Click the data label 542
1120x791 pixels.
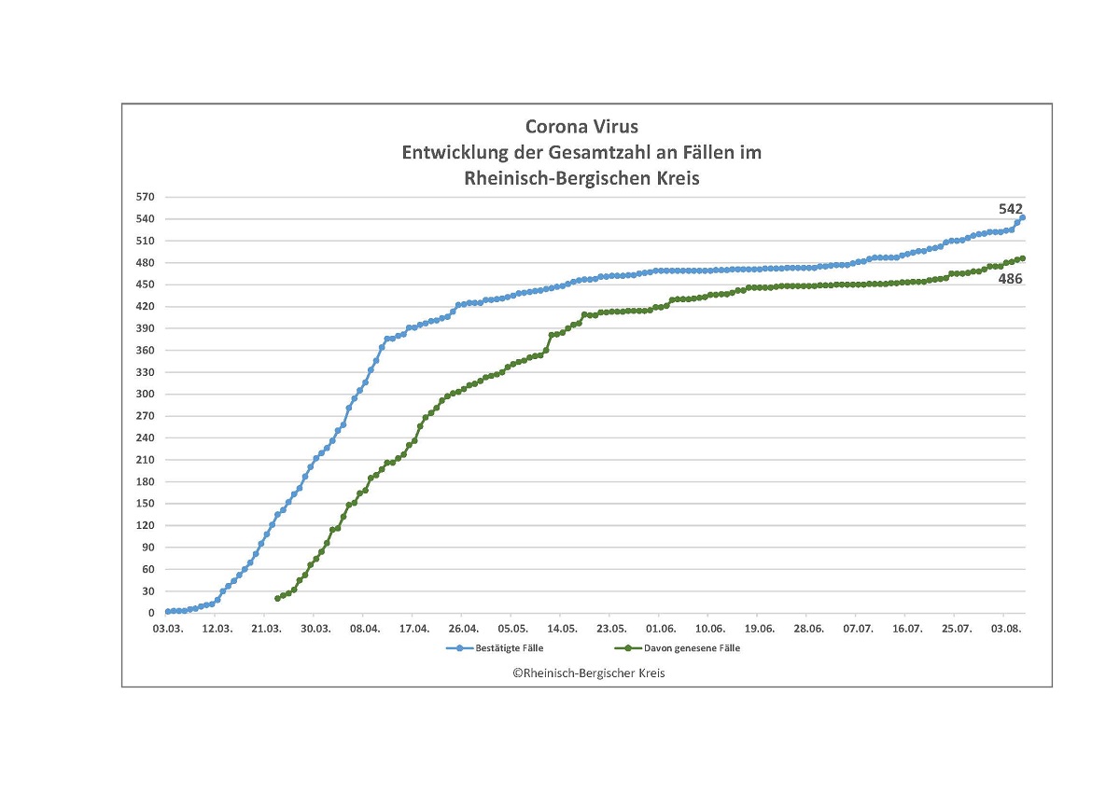coord(1011,209)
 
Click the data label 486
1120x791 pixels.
coord(1011,279)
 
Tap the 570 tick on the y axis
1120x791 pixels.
coord(145,197)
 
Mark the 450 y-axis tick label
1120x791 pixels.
coord(145,284)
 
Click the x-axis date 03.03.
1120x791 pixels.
coord(167,630)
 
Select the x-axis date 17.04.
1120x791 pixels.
coord(413,630)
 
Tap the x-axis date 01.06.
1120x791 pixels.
coord(660,630)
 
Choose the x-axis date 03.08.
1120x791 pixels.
coord(1005,630)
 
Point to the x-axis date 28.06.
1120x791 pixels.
coord(808,630)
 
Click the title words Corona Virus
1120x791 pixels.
coord(581,127)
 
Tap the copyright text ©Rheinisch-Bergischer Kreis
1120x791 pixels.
coord(588,673)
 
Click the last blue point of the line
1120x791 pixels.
coord(1023,218)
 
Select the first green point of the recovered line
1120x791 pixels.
coord(277,598)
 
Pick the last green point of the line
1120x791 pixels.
coord(1023,258)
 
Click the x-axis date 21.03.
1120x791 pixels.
coord(266,630)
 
